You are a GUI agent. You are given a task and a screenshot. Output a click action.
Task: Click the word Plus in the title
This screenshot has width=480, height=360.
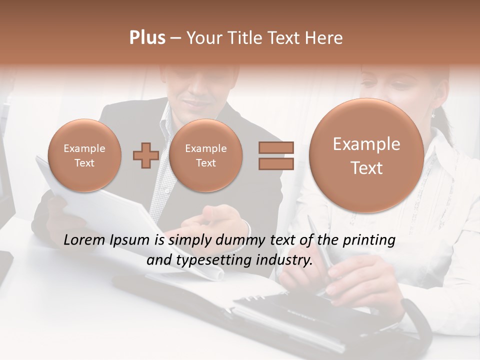pyautogui.click(x=147, y=38)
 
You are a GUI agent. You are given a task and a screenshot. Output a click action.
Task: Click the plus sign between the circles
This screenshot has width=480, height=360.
pyautogui.click(x=145, y=155)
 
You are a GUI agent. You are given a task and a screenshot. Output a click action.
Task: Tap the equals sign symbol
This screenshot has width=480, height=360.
pyautogui.click(x=276, y=155)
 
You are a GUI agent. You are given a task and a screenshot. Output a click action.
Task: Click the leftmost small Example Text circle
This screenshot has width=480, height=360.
pyautogui.click(x=84, y=155)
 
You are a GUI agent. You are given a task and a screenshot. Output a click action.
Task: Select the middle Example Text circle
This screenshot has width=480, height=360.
pyautogui.click(x=205, y=155)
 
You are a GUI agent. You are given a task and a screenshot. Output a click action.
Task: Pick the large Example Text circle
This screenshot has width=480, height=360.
pyautogui.click(x=366, y=155)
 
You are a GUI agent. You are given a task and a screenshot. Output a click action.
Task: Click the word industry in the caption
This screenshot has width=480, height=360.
pyautogui.click(x=287, y=260)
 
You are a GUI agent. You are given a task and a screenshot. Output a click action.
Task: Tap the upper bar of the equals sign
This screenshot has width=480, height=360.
pyautogui.click(x=276, y=148)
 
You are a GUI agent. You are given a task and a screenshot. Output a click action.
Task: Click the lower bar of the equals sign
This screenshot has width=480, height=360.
pyautogui.click(x=276, y=163)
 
